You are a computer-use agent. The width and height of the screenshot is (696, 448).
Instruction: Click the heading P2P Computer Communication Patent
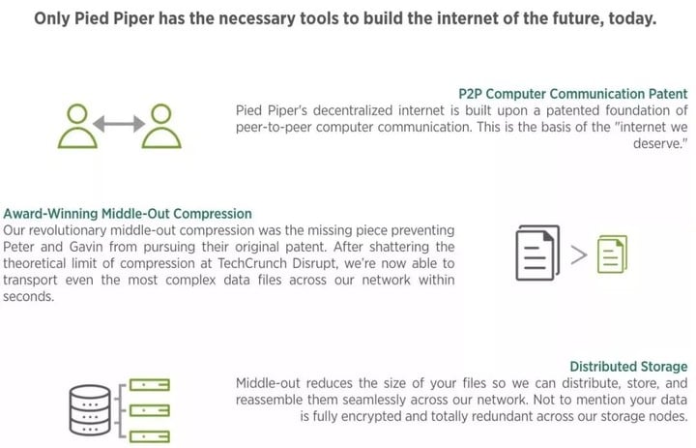click(x=572, y=94)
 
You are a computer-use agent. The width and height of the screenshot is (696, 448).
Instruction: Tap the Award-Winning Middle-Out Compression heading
click(x=128, y=213)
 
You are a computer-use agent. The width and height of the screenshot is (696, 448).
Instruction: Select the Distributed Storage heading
click(x=628, y=366)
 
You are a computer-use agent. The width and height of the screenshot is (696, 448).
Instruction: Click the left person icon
click(x=77, y=126)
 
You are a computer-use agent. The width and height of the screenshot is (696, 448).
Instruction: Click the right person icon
click(x=161, y=126)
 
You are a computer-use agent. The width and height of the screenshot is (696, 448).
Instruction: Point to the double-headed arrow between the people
click(x=119, y=124)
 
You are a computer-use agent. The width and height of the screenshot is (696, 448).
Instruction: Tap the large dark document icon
click(x=537, y=253)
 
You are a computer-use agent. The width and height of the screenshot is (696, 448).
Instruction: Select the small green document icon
click(x=612, y=254)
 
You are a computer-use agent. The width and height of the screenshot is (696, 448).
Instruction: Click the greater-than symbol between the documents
click(x=578, y=254)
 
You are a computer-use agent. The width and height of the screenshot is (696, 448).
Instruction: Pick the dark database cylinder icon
click(x=90, y=409)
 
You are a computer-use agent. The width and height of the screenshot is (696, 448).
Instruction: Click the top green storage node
click(x=150, y=384)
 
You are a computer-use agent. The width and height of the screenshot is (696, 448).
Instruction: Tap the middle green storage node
click(x=150, y=409)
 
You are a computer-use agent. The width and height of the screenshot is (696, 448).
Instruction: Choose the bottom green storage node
click(x=150, y=436)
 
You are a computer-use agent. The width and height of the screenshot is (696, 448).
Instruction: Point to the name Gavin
click(x=85, y=246)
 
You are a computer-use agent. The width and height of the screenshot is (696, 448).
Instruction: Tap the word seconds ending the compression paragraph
click(x=28, y=296)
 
